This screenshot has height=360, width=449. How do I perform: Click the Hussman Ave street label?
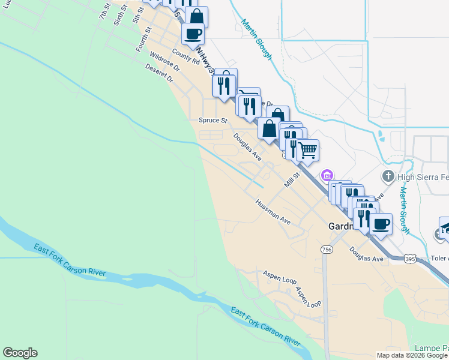click(273, 212)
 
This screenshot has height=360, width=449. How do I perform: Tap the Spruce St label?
click(213, 120)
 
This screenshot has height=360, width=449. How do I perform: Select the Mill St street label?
click(292, 179)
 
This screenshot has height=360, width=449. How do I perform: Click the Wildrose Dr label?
click(161, 61)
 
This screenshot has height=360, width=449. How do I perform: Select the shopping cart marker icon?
click(307, 149)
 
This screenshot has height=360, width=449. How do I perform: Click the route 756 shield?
click(327, 249)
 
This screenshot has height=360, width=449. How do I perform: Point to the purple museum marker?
click(327, 175)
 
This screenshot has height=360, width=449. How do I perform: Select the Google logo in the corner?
click(20, 353)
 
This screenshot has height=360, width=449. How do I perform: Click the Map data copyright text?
click(412, 355)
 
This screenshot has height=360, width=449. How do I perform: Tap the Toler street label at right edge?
click(440, 259)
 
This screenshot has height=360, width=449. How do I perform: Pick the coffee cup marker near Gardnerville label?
click(381, 224)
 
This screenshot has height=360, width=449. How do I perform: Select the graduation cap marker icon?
click(445, 227)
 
